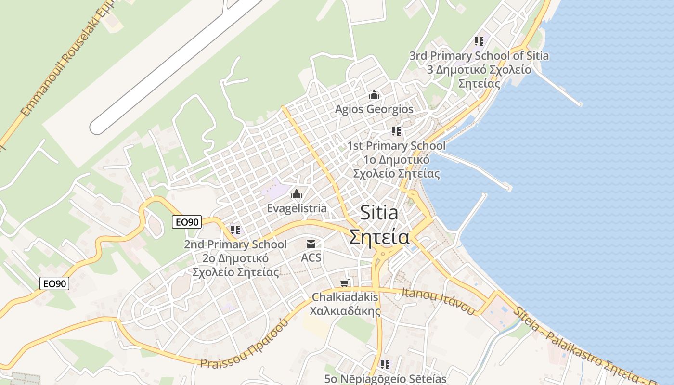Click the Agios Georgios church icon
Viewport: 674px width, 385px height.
[x=374, y=95]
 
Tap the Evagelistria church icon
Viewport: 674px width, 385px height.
[x=297, y=194]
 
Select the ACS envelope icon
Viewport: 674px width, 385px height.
[x=311, y=244]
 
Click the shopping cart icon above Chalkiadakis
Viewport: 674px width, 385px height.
[x=345, y=283]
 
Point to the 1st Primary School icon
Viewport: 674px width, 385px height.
[x=396, y=131]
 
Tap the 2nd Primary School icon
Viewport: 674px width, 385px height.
[x=235, y=230]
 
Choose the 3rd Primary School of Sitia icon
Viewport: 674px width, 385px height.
[x=479, y=41]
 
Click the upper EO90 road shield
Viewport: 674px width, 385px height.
[x=187, y=222]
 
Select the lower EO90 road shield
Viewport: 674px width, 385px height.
[x=54, y=284]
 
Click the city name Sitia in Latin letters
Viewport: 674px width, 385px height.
[x=379, y=213]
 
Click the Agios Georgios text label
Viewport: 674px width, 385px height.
[x=374, y=109]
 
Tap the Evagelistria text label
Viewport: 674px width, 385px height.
[x=297, y=208]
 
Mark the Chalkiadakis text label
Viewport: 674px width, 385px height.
[x=345, y=297]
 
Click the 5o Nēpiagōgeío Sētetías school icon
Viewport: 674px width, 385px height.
[x=385, y=365]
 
